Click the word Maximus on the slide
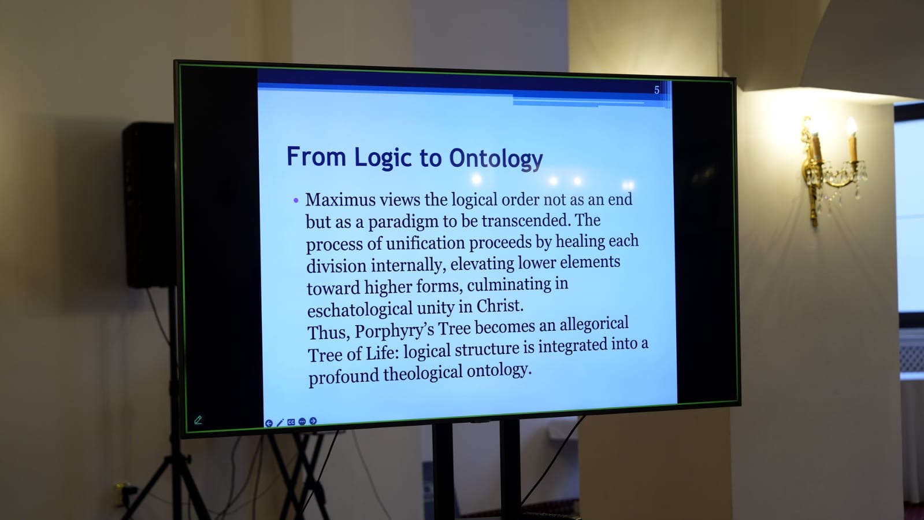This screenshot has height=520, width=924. [340, 200]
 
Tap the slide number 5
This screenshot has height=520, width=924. [656, 90]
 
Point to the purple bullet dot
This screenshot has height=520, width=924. [296, 201]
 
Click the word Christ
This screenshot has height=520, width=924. [500, 306]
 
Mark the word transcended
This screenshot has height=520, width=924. [526, 220]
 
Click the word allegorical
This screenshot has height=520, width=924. [594, 324]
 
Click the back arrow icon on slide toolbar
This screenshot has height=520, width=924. [269, 423]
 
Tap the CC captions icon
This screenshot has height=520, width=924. [291, 422]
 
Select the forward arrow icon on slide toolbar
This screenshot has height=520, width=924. [313, 421]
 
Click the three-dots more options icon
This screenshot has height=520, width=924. [302, 422]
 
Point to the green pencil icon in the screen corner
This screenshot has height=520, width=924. [198, 420]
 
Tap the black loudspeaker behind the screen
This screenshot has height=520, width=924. [149, 204]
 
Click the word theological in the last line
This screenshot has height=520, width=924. [423, 374]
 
